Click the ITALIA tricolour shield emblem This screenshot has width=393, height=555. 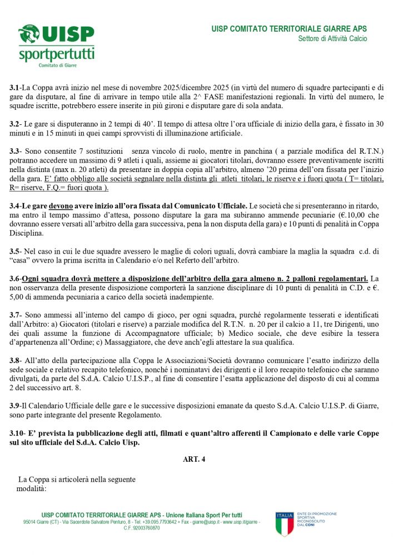click(285, 524)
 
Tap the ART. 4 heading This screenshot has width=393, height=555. click(194, 459)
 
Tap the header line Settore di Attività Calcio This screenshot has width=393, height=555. click(332, 39)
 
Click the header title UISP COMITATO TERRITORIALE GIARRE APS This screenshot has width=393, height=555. click(289, 29)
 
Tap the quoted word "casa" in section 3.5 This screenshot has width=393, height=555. click(22, 261)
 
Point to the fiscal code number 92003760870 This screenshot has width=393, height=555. click(146, 528)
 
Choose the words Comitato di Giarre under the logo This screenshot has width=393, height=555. click(57, 65)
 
